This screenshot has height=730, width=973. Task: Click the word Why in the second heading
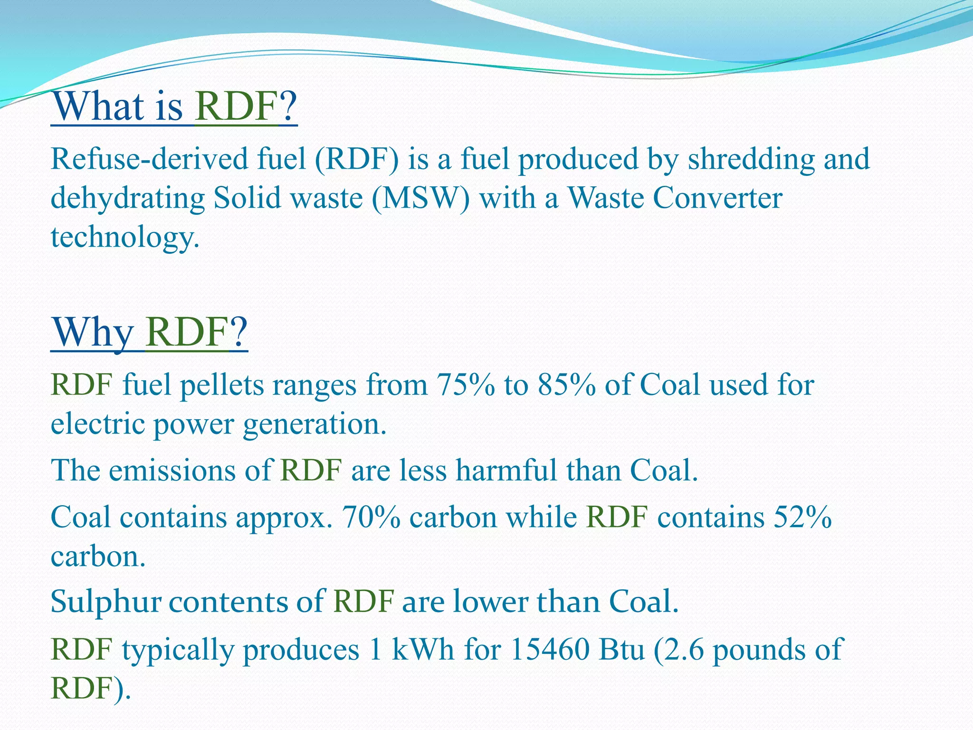pyautogui.click(x=93, y=333)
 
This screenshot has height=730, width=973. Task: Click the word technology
pyautogui.click(x=124, y=237)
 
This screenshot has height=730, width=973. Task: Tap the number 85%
pyautogui.click(x=567, y=385)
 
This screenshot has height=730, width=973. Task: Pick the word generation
pyautogui.click(x=315, y=424)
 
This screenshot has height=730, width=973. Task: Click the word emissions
pyautogui.click(x=172, y=471)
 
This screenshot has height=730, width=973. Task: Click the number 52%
pyautogui.click(x=802, y=517)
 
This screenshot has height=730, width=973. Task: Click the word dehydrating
pyautogui.click(x=128, y=198)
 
